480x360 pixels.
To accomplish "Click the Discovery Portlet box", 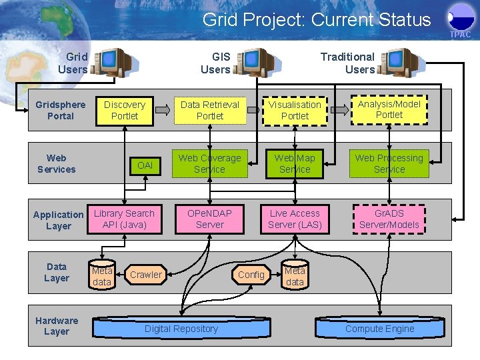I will pyautogui.click(x=125, y=110).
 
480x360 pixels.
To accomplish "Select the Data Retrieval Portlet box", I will pyautogui.click(x=210, y=110).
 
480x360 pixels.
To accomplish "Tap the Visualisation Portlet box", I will pyautogui.click(x=295, y=110).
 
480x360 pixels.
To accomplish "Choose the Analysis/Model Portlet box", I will pyautogui.click(x=389, y=109).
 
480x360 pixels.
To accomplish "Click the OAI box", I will pyautogui.click(x=145, y=165).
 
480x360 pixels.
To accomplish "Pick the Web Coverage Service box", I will pyautogui.click(x=210, y=164).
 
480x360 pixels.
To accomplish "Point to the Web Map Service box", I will pyautogui.click(x=295, y=164).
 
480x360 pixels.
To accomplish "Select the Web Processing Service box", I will pyautogui.click(x=389, y=164).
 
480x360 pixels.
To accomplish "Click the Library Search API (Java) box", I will pyautogui.click(x=124, y=219).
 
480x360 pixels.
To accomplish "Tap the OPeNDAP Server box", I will pyautogui.click(x=210, y=219).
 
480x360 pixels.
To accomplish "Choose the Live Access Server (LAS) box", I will pyautogui.click(x=295, y=219).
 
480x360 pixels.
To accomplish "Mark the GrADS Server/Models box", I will pyautogui.click(x=389, y=219).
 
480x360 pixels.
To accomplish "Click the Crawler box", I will pyautogui.click(x=146, y=275).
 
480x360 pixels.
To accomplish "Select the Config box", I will pyautogui.click(x=251, y=275).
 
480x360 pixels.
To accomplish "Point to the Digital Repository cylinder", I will pyautogui.click(x=181, y=329).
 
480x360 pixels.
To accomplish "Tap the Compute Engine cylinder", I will pyautogui.click(x=380, y=329).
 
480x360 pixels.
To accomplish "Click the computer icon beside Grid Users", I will pyautogui.click(x=111, y=62).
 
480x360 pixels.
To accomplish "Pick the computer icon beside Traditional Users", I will pyautogui.click(x=403, y=62).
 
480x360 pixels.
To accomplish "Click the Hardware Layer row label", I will pyautogui.click(x=57, y=326).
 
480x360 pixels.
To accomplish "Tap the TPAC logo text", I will pyautogui.click(x=460, y=34).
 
